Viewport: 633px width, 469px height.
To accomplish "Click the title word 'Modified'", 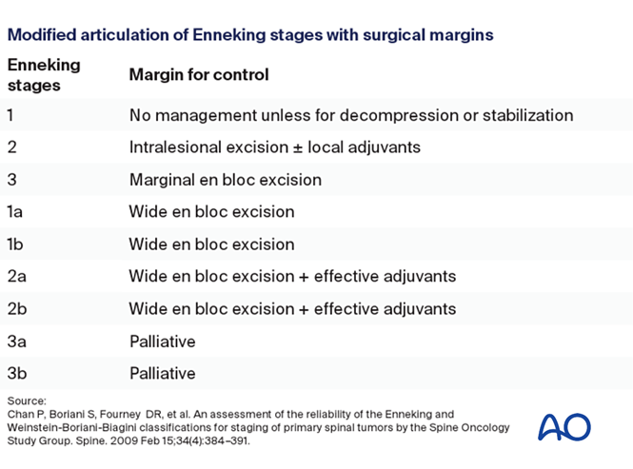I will tap(39, 34).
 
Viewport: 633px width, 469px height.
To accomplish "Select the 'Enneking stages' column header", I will tap(44, 74).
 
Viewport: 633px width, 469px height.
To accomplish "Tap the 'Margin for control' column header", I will tap(199, 74).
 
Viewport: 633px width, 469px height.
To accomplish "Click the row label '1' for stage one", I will tap(11, 115).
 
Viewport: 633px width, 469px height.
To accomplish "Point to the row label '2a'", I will tap(17, 276).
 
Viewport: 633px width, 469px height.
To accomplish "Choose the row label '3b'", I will tap(17, 373).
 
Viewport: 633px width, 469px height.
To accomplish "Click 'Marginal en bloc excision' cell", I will tap(225, 179).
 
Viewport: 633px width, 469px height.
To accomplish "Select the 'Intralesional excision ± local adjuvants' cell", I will tap(275, 147).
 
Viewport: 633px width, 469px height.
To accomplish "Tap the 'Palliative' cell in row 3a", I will tap(162, 341).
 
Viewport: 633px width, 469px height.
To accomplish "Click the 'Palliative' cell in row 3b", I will tap(162, 373).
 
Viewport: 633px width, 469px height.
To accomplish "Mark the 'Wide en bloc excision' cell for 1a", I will tap(211, 211).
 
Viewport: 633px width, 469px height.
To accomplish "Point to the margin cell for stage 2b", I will tap(292, 308).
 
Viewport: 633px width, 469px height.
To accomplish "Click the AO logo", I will tap(564, 426).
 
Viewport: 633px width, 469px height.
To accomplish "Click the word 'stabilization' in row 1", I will tap(525, 115).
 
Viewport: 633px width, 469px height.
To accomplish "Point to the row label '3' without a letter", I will tap(12, 179).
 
